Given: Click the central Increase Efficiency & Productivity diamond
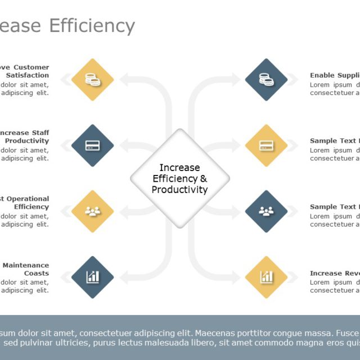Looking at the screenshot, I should coord(180,178).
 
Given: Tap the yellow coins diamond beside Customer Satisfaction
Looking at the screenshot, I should coord(93,80).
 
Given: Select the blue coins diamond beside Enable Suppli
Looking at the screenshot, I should coord(266,80).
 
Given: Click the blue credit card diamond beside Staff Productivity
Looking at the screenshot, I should coord(93,146).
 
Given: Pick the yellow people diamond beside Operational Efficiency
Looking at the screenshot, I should coord(93,211).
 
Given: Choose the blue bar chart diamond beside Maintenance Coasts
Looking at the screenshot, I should coord(93,277).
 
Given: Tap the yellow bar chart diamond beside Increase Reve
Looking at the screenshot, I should coord(266,277).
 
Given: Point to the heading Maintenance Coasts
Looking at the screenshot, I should coord(26,269).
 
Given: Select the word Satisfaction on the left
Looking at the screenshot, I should coord(28,75).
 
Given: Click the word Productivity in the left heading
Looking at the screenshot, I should coord(27,141).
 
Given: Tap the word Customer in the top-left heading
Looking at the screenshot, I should coord(31,67).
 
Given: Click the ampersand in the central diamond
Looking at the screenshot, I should coord(204,179).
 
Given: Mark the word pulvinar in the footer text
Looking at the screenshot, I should coord(35,343).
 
